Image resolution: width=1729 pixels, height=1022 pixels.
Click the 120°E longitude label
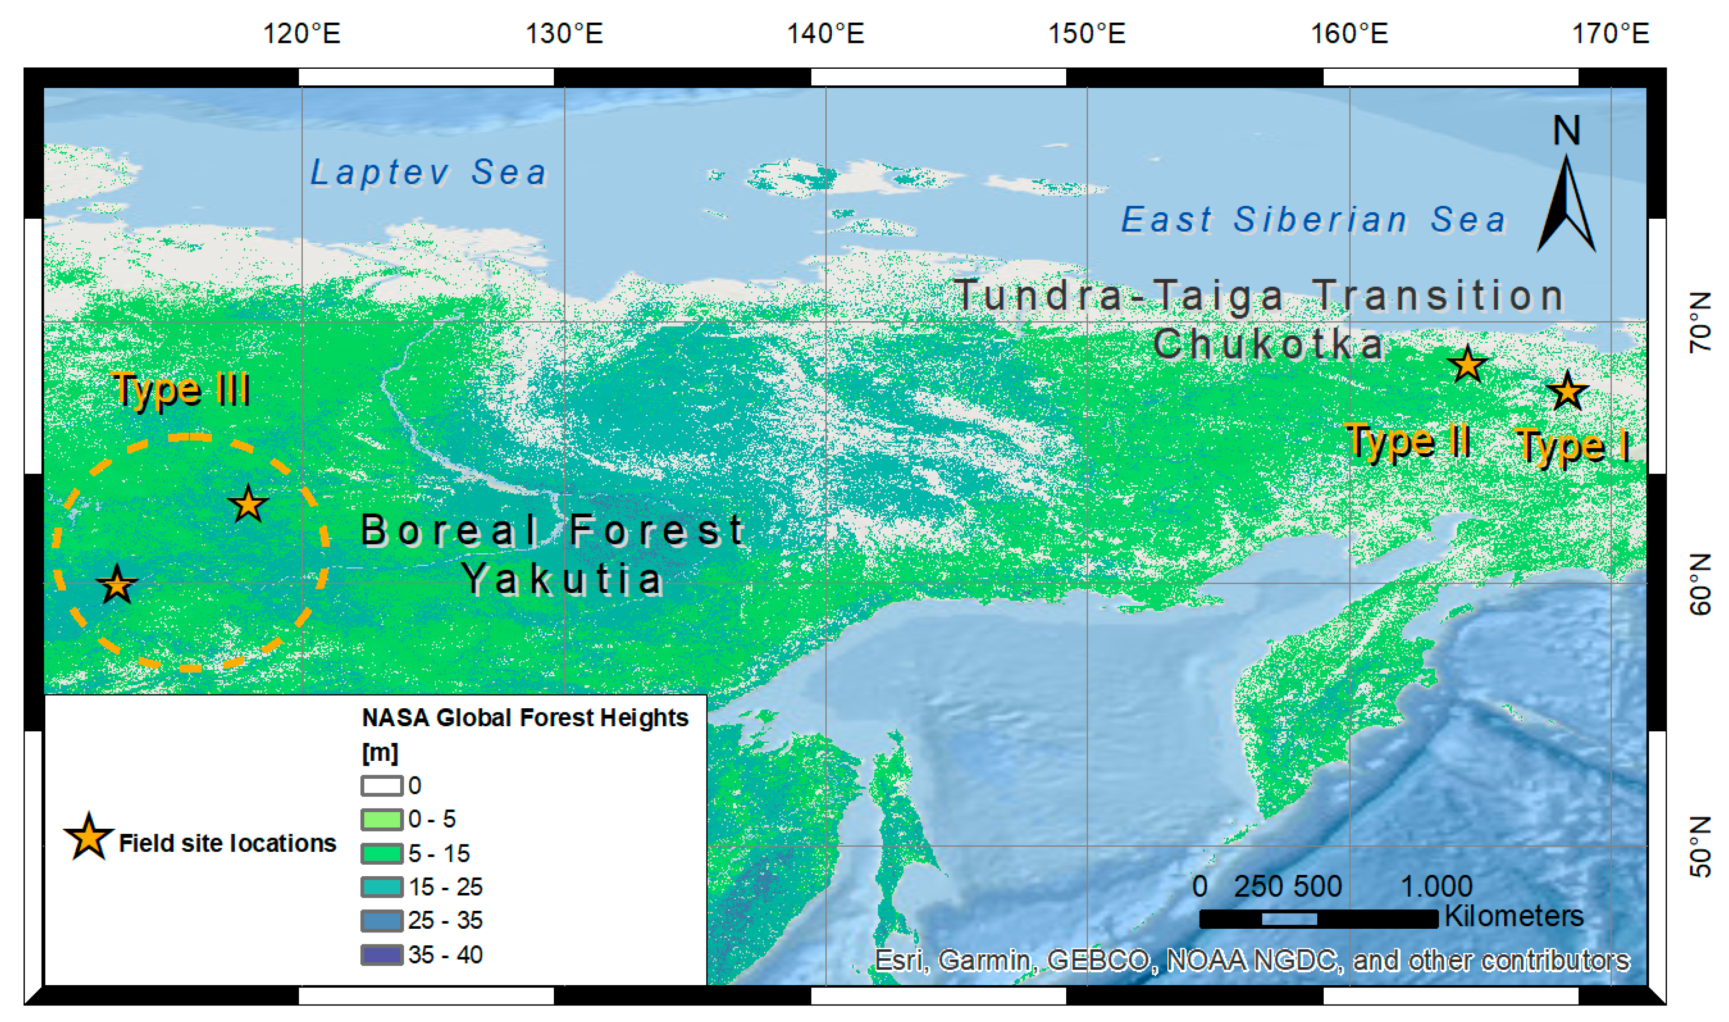[302, 33]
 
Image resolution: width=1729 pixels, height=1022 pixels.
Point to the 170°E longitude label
[1610, 33]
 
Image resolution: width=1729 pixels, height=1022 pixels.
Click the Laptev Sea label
[428, 172]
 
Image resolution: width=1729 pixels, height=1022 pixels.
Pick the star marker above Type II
[1467, 365]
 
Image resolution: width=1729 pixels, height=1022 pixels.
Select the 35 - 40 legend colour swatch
[382, 955]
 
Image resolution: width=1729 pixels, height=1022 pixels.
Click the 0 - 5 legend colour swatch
[382, 819]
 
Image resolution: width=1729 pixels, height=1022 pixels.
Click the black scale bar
[1319, 919]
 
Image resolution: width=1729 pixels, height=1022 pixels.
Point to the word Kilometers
[1514, 916]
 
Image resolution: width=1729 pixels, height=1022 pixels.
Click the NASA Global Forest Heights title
[525, 717]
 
